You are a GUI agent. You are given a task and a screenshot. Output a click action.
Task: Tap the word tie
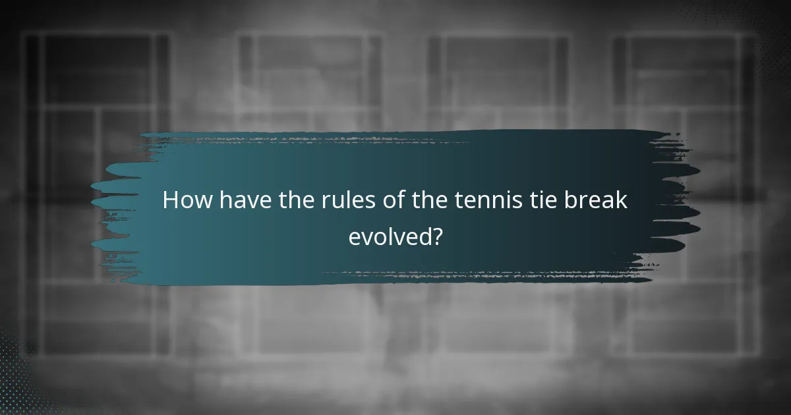coord(531,200)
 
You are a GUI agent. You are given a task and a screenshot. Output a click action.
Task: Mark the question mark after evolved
coord(436,236)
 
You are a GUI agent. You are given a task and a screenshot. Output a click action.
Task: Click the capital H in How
coord(171,200)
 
